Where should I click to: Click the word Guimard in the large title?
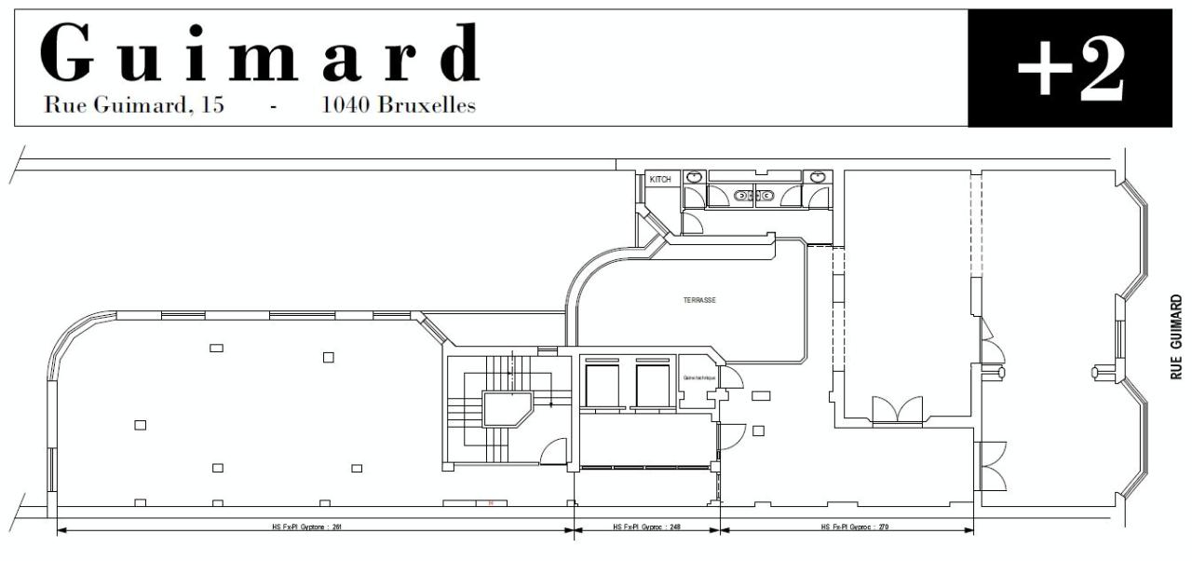(261, 54)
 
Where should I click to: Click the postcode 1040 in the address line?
(345, 105)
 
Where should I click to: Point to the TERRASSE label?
(699, 300)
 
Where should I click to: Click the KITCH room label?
(660, 179)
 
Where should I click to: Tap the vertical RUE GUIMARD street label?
(1176, 337)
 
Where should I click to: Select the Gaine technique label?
(698, 377)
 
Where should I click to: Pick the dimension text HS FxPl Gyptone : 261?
(313, 527)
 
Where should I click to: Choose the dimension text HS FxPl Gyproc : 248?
(646, 527)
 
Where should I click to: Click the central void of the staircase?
(507, 407)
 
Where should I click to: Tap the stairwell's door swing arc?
(556, 451)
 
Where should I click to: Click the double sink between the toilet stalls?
(753, 196)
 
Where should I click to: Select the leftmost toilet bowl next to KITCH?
(694, 176)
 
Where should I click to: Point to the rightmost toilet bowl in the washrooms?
(817, 176)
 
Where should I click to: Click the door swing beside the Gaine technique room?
(731, 376)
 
